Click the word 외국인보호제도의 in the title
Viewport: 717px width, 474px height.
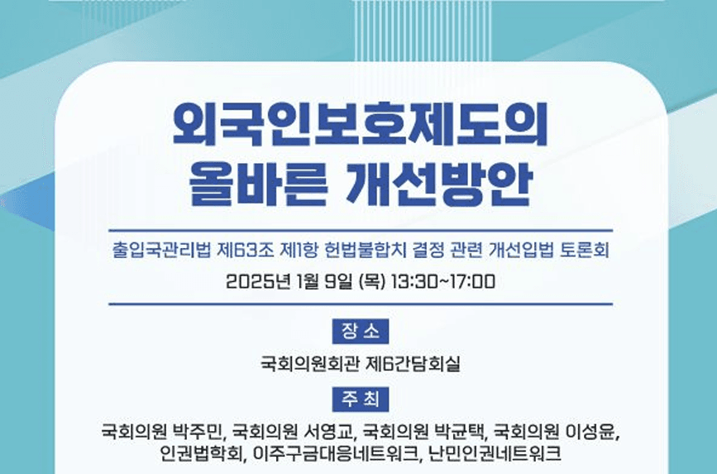360,124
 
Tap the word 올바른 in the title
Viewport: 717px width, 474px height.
258,184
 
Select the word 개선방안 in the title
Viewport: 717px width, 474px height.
440,184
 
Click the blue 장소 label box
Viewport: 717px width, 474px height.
361,331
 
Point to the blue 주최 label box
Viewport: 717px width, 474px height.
361,400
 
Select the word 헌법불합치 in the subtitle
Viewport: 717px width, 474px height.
365,250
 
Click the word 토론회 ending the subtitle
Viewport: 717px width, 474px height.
585,250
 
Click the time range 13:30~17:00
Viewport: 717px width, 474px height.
442,281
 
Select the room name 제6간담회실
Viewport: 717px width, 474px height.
413,364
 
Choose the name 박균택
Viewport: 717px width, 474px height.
459,432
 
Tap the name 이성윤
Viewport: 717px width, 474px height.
590,432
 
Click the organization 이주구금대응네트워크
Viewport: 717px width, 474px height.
335,453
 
